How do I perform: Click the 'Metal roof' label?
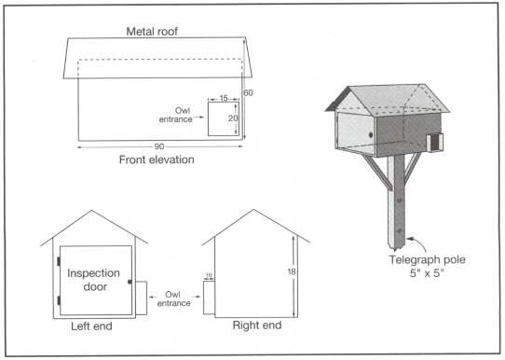point(152,32)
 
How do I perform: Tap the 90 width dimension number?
point(159,146)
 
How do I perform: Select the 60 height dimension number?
point(248,93)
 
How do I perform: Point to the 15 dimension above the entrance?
point(224,98)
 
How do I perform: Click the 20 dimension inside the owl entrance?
point(233,118)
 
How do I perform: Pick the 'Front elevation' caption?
point(157,159)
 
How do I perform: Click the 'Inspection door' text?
point(93,280)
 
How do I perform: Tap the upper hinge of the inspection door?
point(59,261)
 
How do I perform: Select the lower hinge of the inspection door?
point(59,300)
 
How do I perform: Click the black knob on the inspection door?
point(130,282)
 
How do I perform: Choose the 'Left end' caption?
point(91,326)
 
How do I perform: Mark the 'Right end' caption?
point(257,325)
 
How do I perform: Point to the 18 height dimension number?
point(292,272)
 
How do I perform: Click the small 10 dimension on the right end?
point(209,275)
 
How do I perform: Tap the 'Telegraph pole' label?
point(427,260)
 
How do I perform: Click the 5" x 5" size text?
point(427,273)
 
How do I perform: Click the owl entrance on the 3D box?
point(435,142)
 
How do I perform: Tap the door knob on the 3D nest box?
point(371,134)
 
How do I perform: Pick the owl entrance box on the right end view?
point(209,298)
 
